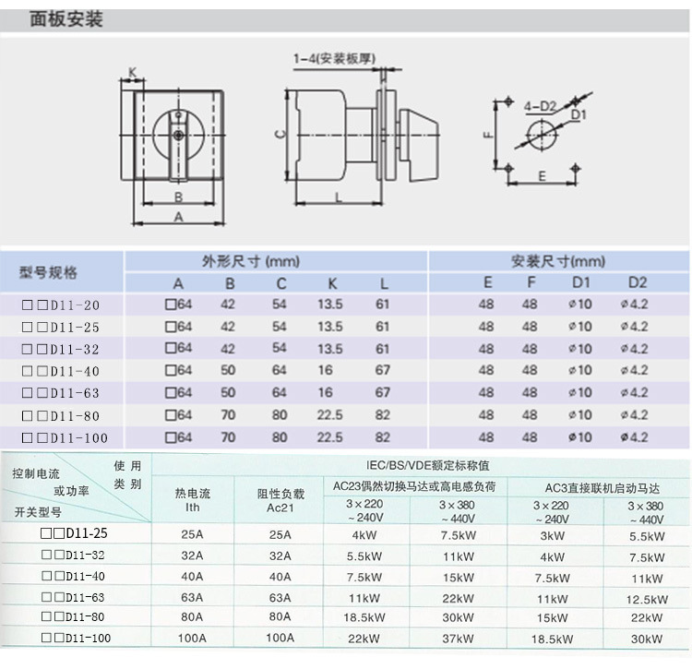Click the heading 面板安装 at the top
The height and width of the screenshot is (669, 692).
pos(66,19)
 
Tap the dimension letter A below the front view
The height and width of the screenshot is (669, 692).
pos(178,215)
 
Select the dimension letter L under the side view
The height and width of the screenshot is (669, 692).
pos(339,197)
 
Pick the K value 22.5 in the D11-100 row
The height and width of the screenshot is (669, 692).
pos(329,437)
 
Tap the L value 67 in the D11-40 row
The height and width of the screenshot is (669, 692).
pos(383,371)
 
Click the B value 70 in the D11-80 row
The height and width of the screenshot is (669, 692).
pos(228,415)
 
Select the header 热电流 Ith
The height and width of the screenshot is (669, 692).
pos(193,499)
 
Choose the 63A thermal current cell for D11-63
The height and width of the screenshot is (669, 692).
pos(193,598)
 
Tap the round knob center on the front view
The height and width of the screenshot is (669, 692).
pos(178,135)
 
